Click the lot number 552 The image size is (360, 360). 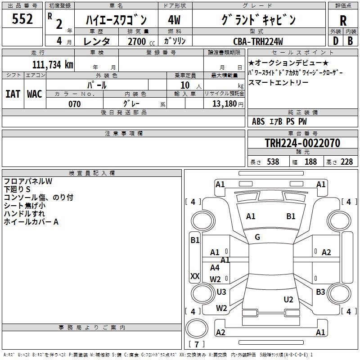point(23,19)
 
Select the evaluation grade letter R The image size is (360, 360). point(343,21)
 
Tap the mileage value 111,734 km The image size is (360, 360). point(52,64)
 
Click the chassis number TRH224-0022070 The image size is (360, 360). point(302,143)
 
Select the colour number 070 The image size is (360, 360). point(74,104)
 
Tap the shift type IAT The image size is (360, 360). point(13,94)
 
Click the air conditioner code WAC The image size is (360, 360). point(34,94)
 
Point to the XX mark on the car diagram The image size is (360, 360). point(195,276)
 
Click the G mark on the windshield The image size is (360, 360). point(257,237)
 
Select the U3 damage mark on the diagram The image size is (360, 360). point(221,292)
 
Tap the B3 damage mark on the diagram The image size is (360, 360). point(320,292)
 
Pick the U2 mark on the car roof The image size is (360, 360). point(288,300)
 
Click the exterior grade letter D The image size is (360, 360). point(335,40)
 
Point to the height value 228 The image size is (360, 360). point(346,162)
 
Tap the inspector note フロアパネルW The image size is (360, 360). point(28,181)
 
